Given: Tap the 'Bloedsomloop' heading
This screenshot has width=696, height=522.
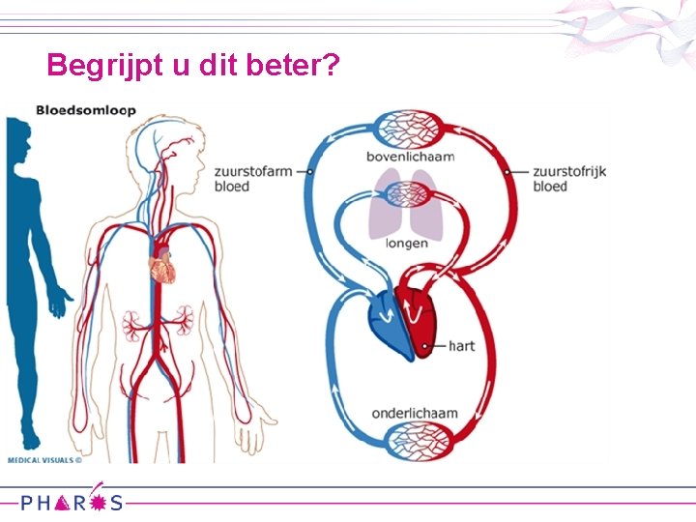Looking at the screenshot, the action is (x=86, y=110).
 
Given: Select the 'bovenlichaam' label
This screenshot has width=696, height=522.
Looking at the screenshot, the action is (x=410, y=157).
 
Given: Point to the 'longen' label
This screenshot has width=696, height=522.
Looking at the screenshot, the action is (x=406, y=244).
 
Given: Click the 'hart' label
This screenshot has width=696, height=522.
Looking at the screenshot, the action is (x=461, y=345).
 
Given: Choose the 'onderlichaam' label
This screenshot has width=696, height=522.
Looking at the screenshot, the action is (x=414, y=414).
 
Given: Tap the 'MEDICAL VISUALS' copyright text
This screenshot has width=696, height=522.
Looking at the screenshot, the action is (x=45, y=460).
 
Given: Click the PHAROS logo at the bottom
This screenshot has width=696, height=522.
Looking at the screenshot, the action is (x=73, y=502).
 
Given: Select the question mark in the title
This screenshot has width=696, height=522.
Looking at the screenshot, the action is (x=330, y=66).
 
